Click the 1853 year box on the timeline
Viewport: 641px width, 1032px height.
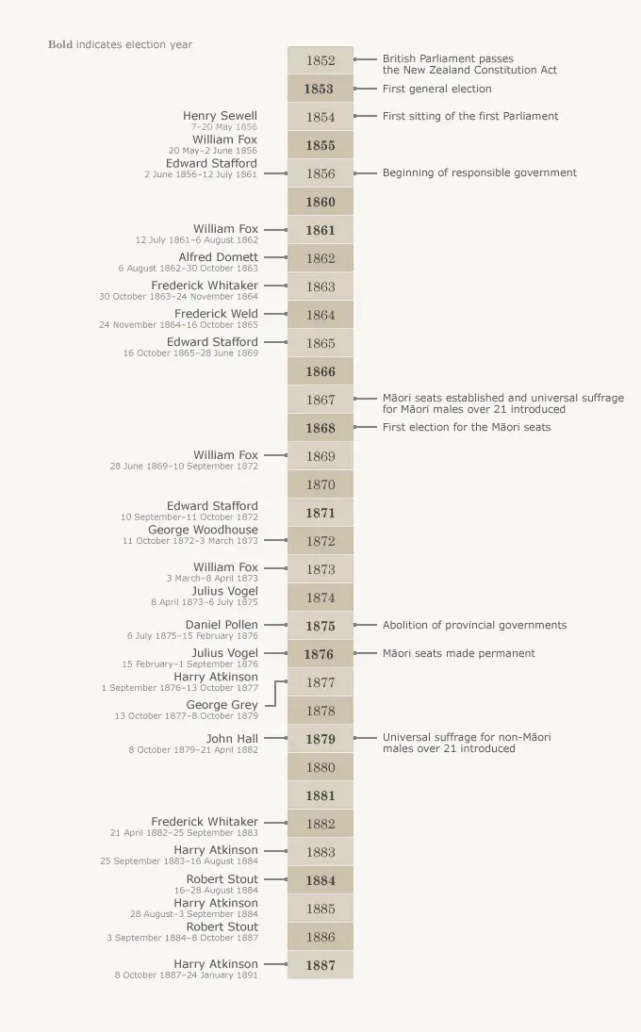(320, 89)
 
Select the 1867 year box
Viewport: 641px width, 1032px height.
(320, 400)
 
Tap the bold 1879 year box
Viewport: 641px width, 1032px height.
(320, 739)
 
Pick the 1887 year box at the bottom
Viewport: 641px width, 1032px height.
(320, 965)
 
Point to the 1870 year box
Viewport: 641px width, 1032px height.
(320, 484)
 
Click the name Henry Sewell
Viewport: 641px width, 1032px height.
(220, 116)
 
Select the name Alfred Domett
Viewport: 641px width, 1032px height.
(218, 257)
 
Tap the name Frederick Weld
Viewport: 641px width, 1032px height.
(216, 314)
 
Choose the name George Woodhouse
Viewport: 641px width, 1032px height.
(203, 530)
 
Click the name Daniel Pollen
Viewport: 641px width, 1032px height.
(222, 625)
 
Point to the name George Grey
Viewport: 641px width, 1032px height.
(222, 705)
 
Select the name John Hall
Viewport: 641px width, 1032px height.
(232, 738)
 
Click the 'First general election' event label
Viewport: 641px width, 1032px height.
(436, 89)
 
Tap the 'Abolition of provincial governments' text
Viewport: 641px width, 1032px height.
(474, 625)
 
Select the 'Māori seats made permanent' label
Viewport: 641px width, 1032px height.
(458, 653)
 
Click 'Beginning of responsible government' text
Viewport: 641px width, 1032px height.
(479, 172)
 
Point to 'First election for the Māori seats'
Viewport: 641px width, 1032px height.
(466, 427)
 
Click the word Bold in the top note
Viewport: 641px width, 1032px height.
(60, 44)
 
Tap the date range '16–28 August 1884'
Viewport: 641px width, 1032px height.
(216, 891)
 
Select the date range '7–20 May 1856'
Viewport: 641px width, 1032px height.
(223, 127)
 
